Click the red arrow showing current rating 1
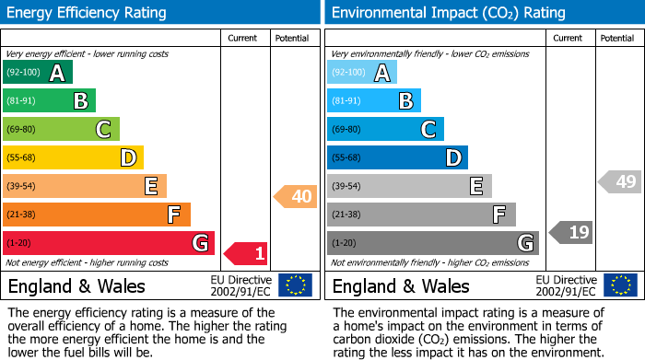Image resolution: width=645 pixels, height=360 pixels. click(247, 252)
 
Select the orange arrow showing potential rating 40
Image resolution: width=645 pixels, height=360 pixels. click(296, 196)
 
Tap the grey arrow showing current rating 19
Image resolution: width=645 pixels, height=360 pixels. click(571, 232)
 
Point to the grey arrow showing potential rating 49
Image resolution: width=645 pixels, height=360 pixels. click(620, 181)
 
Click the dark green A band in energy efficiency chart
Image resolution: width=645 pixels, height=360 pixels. click(38, 73)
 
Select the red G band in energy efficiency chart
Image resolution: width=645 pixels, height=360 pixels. click(109, 243)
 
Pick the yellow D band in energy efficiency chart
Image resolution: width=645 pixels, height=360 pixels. click(73, 157)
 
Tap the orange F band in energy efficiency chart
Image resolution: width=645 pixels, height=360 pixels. click(97, 215)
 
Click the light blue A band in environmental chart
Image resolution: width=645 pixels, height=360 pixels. click(362, 73)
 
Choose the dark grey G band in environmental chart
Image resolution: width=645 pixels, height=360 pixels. click(433, 243)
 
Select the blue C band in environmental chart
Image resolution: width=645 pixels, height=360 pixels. click(386, 129)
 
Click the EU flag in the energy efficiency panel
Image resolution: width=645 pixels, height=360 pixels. click(296, 285)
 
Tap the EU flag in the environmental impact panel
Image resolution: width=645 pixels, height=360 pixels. click(620, 285)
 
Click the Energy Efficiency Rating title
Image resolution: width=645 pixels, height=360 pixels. click(88, 13)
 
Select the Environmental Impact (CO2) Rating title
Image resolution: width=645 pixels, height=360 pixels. click(448, 13)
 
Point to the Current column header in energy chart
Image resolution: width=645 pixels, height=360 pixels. click(243, 38)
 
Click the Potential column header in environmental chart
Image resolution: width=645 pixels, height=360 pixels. click(617, 38)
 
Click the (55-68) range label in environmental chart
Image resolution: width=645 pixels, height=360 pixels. click(348, 158)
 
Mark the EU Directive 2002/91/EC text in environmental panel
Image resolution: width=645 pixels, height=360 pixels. click(566, 285)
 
